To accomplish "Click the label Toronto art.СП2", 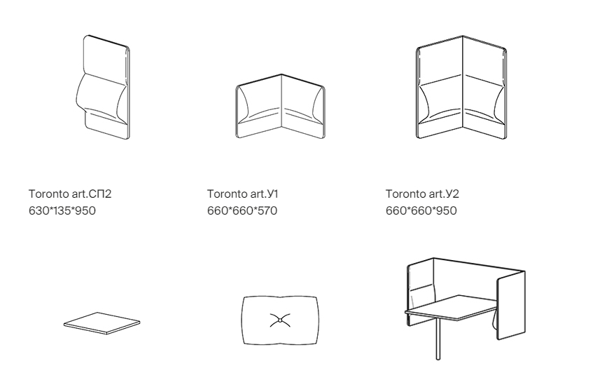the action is click(70, 194).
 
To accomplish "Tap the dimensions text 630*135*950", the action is click(62, 210).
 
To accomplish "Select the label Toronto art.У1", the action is click(243, 194).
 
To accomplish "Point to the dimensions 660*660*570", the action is click(242, 210).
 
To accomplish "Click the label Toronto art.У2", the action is click(422, 194).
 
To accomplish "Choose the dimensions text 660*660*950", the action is click(421, 210).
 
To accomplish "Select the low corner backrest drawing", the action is click(280, 106).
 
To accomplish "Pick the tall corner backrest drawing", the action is click(461, 87).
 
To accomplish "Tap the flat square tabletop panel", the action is click(102, 323).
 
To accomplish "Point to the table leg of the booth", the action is click(438, 339).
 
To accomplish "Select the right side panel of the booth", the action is click(511, 305).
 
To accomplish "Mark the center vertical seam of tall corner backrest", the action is click(463, 81).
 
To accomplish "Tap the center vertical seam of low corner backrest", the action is click(281, 100).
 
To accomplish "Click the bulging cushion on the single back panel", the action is click(101, 97).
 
